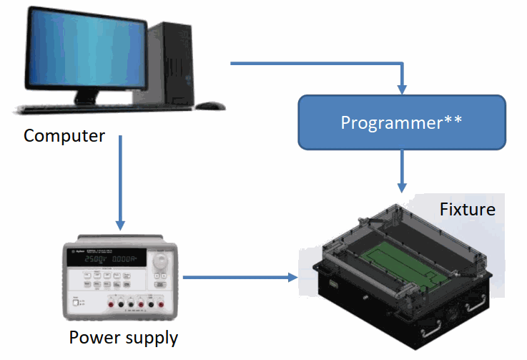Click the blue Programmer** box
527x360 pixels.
401,122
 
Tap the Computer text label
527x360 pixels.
64,136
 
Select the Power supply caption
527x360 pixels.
123,337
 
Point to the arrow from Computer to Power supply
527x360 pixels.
120,183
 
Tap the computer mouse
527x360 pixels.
210,105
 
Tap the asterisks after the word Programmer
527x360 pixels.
453,119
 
